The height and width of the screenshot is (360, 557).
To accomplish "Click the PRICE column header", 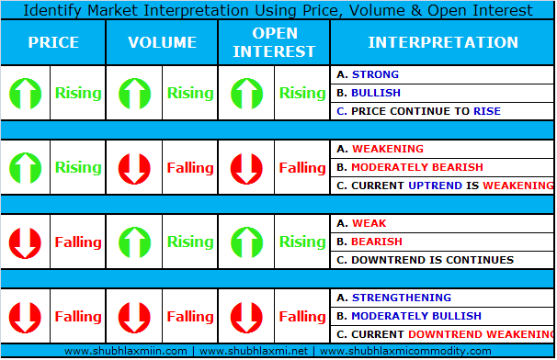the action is click(x=53, y=42).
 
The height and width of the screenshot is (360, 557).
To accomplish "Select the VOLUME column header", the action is click(x=163, y=42).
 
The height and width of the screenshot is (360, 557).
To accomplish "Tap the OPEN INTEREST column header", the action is click(x=274, y=42).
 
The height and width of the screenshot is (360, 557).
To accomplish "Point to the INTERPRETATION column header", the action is click(x=443, y=42).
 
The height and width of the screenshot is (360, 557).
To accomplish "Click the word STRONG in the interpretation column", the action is click(x=375, y=74).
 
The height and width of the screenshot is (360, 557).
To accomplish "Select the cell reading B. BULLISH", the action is click(x=442, y=93).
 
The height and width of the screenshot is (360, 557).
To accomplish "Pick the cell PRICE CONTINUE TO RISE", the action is click(x=442, y=111).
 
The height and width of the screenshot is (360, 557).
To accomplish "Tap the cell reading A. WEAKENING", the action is click(x=442, y=149).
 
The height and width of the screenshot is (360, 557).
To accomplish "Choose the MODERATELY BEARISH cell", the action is click(x=442, y=167).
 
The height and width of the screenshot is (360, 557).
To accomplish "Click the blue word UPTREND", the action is click(x=435, y=186).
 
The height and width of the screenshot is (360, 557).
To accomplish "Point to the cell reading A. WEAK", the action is click(x=442, y=223).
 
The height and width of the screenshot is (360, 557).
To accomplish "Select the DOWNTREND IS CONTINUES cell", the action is click(x=442, y=260).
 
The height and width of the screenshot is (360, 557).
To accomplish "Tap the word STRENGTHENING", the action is click(x=402, y=298).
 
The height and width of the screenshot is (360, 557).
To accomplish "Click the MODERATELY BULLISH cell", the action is click(x=442, y=316).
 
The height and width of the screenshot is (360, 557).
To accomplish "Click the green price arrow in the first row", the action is click(x=25, y=94).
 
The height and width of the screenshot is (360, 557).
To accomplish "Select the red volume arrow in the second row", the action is click(x=134, y=169).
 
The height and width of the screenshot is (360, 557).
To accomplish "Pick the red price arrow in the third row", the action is click(x=25, y=242).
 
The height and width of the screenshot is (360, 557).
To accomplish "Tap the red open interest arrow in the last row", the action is click(x=246, y=318).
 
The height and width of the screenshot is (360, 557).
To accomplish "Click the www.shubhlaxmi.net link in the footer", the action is click(x=254, y=351).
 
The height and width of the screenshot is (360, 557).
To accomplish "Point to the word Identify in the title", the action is click(x=52, y=11).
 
